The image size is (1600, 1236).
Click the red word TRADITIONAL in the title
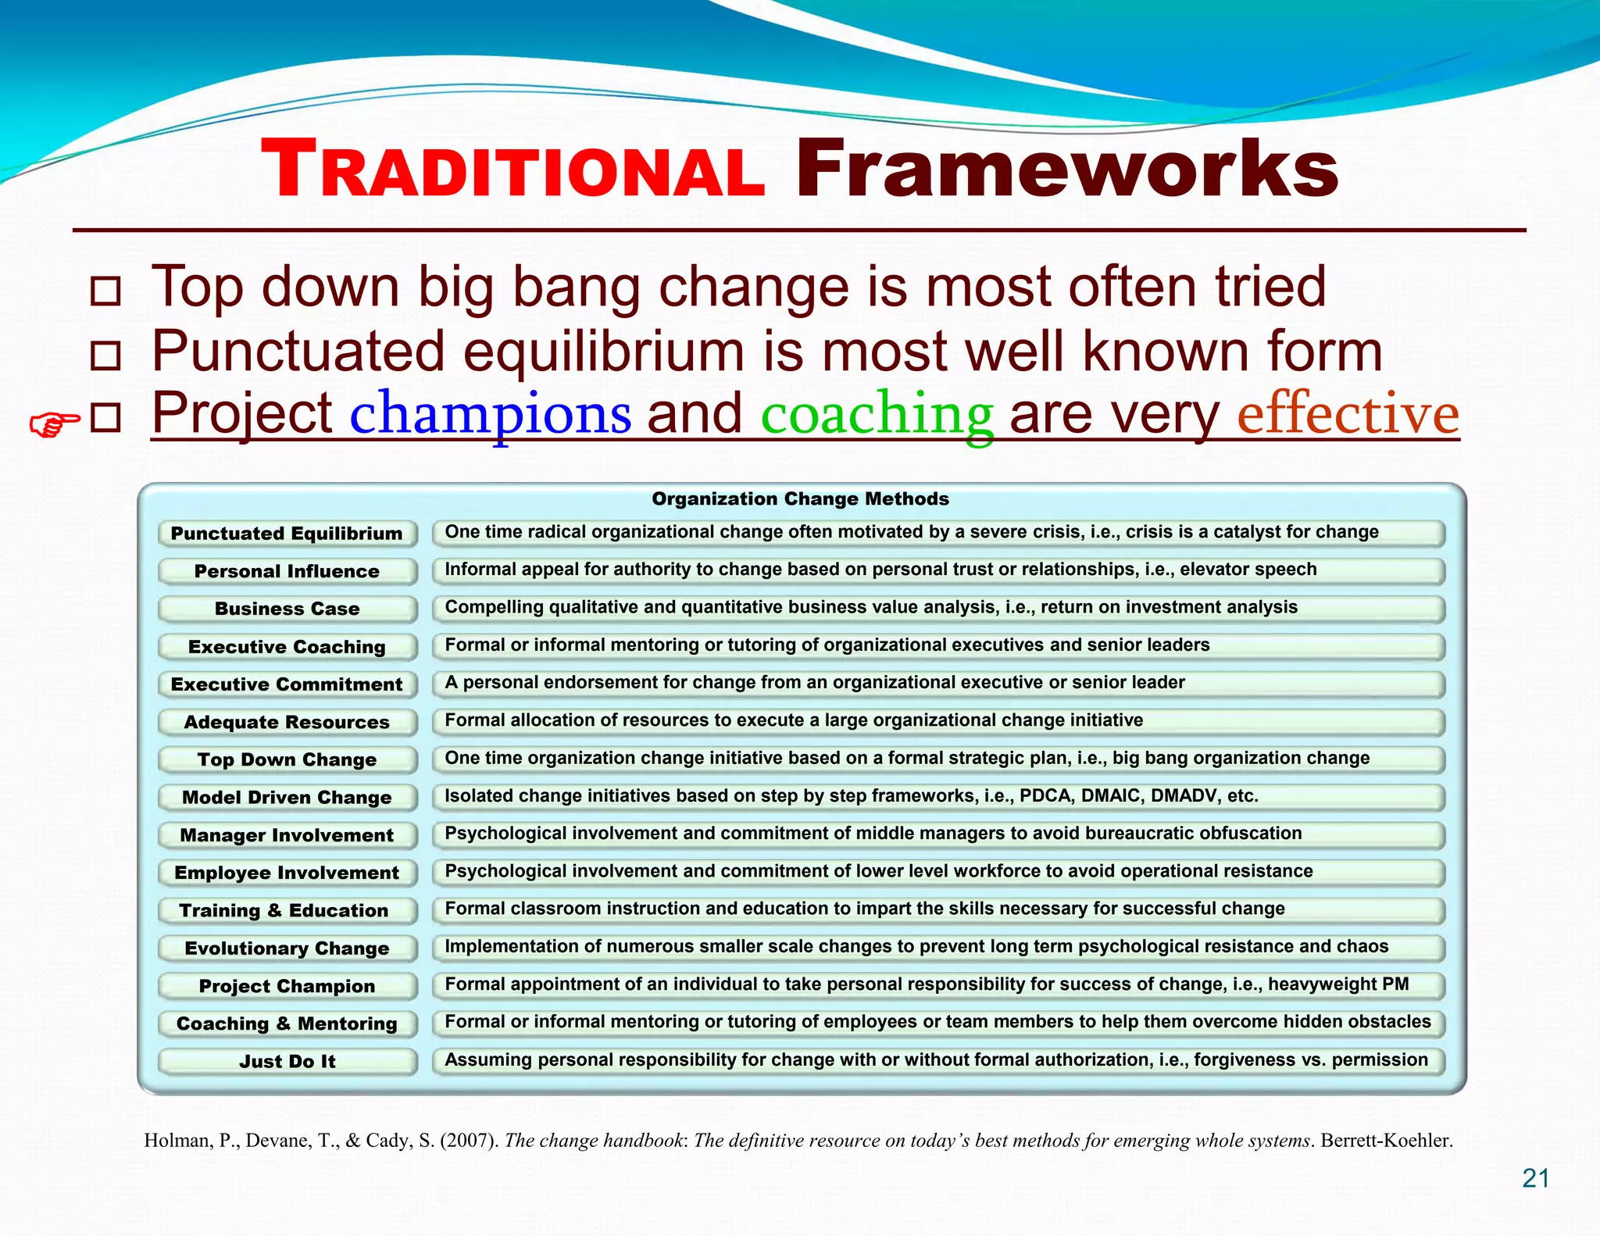click(512, 170)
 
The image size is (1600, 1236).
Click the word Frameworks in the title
click(1066, 170)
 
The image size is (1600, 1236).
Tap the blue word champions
click(490, 413)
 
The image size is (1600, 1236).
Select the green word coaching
click(877, 413)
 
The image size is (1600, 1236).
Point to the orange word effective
click(1348, 413)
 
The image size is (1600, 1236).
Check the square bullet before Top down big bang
click(105, 291)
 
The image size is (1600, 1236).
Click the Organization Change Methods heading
click(800, 498)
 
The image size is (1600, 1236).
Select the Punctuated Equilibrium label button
click(287, 534)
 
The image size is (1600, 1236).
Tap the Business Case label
click(287, 609)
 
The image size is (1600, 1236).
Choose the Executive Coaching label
click(287, 647)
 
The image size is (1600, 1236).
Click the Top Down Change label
click(287, 759)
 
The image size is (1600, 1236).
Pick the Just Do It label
click(287, 1061)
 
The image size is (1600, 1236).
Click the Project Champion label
click(287, 986)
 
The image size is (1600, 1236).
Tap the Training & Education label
click(284, 910)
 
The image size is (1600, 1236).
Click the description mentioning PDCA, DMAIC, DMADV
click(851, 796)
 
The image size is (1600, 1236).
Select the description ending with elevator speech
click(880, 570)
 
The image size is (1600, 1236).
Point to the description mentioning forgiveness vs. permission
click(935, 1060)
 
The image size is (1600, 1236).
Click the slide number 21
click(1535, 1178)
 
